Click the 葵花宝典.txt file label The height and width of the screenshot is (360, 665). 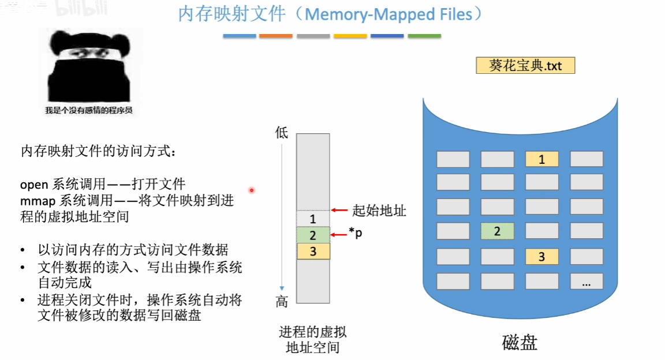coord(525,65)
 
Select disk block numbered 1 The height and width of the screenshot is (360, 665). coord(541,159)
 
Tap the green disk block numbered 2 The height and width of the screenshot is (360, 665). coord(497,231)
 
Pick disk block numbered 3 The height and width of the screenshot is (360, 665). coord(541,257)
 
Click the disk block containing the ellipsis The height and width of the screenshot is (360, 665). coord(586,282)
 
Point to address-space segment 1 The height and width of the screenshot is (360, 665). coord(313,219)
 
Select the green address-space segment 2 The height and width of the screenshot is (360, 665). coord(313,235)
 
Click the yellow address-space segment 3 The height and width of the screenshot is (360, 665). coord(313,251)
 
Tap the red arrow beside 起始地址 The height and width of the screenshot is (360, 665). coord(341,211)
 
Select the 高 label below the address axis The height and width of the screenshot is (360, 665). coord(282,302)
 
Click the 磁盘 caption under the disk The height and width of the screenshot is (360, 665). coord(520,343)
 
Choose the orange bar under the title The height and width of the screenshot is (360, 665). coord(276,36)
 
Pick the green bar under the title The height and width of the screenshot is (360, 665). coord(424,36)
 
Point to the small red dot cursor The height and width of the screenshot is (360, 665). coord(252,190)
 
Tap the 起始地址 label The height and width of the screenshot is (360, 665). coord(379,211)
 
